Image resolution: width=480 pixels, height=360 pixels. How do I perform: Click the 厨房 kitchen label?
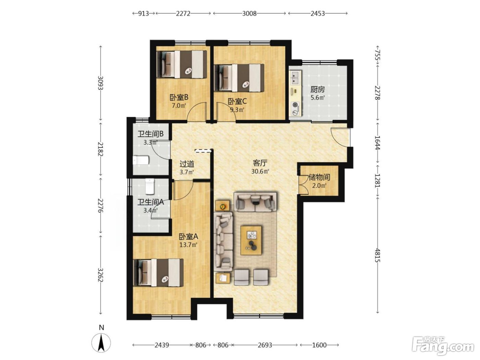[317, 89]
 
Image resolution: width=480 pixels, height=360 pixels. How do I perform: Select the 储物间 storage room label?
[319, 177]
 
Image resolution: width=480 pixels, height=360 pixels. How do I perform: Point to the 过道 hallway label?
[187, 164]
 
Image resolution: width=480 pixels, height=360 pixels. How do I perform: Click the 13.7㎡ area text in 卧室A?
[189, 244]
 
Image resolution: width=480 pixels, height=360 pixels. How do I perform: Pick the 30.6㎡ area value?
[260, 171]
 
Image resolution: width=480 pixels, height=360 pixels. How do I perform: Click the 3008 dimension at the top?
[249, 14]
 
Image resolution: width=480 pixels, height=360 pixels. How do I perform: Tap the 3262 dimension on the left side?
[100, 275]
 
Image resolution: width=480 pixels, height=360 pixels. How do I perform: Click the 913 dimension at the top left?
[143, 14]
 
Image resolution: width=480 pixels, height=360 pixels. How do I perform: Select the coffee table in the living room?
[251, 240]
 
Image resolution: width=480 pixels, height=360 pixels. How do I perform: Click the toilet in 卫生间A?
[150, 187]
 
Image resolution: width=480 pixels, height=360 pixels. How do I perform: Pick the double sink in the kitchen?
[295, 77]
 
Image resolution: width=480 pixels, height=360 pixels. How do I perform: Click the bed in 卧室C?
[239, 77]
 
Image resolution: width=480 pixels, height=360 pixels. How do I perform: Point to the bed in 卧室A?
[158, 273]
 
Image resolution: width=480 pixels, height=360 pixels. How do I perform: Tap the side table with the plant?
[223, 205]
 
